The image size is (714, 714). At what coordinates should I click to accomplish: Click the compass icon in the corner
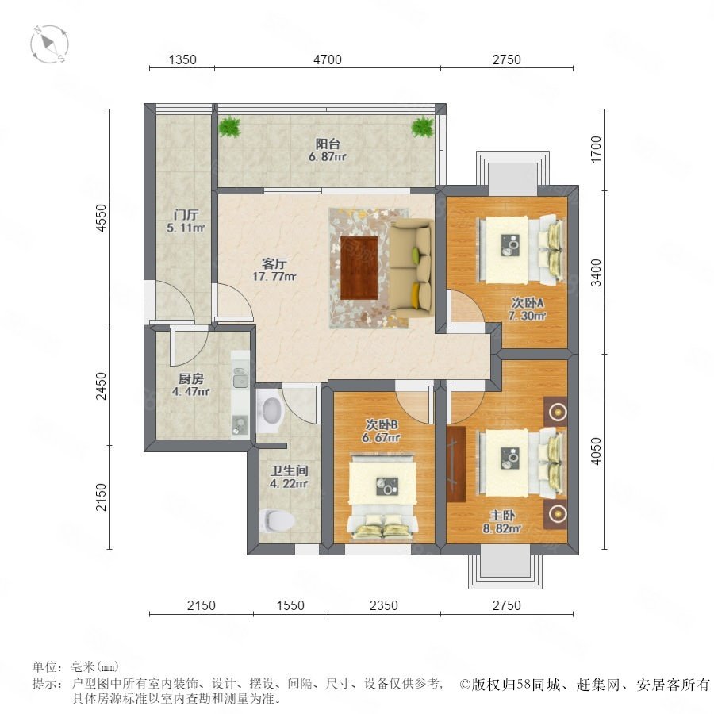(49, 44)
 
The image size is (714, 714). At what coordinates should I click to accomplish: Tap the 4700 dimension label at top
(328, 59)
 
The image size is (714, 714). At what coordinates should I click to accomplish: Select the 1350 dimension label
(182, 59)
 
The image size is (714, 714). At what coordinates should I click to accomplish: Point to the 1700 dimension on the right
(596, 149)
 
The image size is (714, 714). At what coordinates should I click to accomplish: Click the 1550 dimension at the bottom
(290, 605)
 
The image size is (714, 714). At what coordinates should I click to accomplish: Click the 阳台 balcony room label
(328, 144)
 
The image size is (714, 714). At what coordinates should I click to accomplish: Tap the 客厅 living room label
(274, 263)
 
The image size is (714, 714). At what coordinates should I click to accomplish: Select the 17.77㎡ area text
(274, 276)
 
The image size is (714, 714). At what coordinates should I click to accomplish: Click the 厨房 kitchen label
(190, 379)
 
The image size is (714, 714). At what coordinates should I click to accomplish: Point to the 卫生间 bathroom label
(289, 470)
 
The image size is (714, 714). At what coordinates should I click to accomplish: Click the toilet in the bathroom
(276, 520)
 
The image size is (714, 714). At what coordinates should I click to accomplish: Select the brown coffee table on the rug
(359, 268)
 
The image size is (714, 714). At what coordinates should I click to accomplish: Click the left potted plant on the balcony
(229, 127)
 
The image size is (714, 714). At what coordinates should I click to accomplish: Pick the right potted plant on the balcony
(423, 127)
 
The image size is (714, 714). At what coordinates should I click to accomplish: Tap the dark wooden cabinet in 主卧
(456, 464)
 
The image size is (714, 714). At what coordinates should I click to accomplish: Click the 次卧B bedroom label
(382, 425)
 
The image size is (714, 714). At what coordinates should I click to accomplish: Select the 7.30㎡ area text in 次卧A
(527, 315)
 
